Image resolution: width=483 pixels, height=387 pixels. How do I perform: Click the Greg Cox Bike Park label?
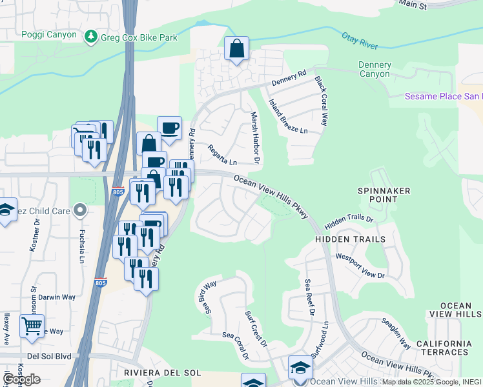point(139,37)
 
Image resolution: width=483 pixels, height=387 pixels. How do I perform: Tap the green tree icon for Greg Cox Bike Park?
point(91,37)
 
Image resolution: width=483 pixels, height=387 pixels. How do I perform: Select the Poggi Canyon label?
point(49,35)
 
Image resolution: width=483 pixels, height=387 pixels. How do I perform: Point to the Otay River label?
point(358,40)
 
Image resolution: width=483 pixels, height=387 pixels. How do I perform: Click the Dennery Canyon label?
point(375,69)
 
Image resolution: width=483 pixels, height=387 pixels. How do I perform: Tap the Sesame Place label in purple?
point(443,97)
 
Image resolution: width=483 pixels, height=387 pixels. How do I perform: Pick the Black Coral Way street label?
point(322,101)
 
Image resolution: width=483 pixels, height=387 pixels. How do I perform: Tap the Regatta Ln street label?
point(222,154)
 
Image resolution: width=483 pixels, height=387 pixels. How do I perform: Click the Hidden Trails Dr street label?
point(349,219)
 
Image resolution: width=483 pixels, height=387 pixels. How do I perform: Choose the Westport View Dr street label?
point(360,266)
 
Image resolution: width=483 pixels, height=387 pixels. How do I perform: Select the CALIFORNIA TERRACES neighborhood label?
point(444,348)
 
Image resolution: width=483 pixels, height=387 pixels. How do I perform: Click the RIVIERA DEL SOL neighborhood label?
point(163,373)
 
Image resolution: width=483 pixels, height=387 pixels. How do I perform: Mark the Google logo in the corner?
point(21,379)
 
